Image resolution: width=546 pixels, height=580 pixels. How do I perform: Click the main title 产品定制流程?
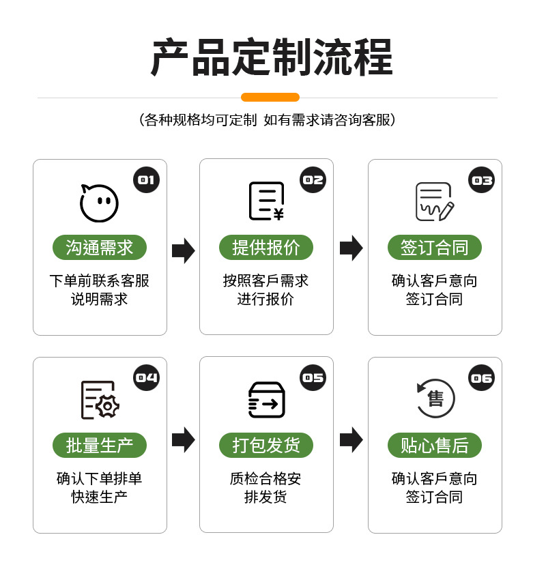[272, 57]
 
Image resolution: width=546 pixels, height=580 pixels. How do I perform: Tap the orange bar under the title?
[270, 97]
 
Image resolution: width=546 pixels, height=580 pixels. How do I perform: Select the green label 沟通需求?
[100, 247]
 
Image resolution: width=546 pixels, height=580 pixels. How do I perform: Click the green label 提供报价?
[266, 247]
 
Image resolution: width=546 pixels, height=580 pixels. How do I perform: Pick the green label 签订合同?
[435, 247]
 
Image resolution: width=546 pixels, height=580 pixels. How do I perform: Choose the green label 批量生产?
[100, 445]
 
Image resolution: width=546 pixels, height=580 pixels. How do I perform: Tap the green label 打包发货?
[266, 445]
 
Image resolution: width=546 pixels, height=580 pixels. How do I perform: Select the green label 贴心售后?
[435, 445]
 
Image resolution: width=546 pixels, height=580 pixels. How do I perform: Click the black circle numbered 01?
[146, 179]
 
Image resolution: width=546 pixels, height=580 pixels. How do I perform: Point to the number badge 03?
[482, 179]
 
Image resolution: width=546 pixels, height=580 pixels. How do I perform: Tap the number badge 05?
[313, 377]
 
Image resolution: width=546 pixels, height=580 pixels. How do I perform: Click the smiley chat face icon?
[99, 203]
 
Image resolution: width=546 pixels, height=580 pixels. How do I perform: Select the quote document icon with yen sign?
[266, 201]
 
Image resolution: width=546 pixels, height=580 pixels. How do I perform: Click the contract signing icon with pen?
[435, 201]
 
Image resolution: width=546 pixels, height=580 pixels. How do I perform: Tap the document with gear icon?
[100, 400]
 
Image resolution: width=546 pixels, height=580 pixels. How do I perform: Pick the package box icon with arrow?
[266, 400]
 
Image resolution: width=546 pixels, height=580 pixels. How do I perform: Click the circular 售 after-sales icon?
[435, 398]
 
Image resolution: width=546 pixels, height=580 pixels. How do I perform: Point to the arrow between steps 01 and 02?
[183, 250]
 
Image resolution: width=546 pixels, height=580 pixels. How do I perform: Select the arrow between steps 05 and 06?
[351, 439]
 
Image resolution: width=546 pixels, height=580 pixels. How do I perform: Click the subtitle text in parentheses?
[267, 120]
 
